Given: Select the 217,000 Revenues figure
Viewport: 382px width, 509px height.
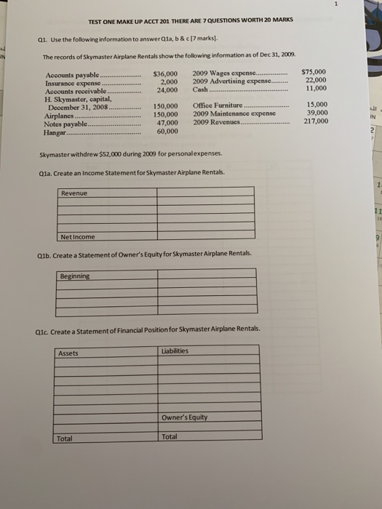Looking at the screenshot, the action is [315, 121].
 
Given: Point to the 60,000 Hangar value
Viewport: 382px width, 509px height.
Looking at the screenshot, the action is [167, 130].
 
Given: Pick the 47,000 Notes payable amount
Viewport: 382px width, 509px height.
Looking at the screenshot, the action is [167, 122].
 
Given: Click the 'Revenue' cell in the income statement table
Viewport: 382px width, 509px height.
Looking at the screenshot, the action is [74, 193].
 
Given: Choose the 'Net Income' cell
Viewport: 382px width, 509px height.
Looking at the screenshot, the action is [77, 236].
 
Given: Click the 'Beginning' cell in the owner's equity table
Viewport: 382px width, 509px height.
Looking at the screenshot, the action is [76, 276].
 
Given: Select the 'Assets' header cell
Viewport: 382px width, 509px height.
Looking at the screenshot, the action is [68, 353].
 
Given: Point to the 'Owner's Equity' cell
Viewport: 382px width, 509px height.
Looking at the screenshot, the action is [185, 417].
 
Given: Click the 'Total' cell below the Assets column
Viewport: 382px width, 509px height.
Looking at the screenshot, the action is [65, 438].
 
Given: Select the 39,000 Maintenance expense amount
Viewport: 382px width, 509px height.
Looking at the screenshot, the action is [317, 113].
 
